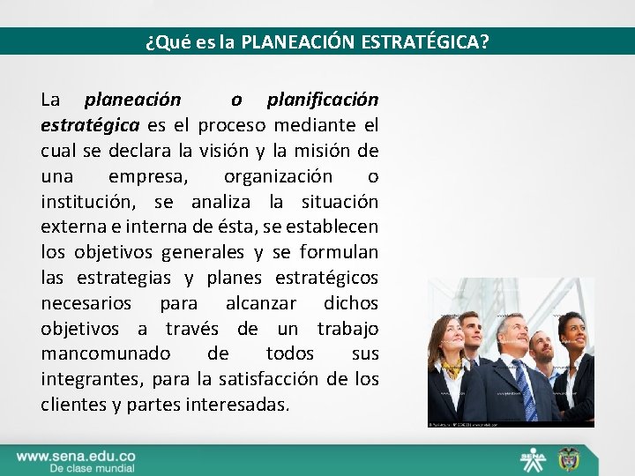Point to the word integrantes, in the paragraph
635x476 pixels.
pos(93,379)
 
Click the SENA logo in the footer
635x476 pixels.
pos(532,459)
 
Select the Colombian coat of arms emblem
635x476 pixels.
pos(564,459)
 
